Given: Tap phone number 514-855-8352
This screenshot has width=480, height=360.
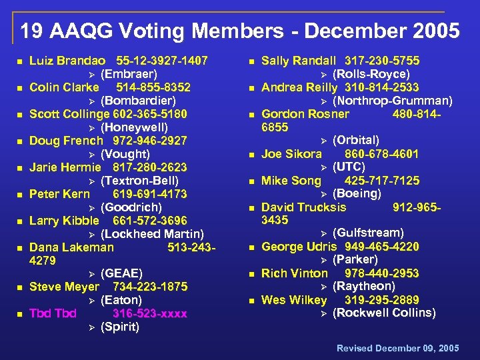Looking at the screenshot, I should [153, 87].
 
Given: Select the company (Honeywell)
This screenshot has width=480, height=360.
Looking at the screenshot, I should [134, 127].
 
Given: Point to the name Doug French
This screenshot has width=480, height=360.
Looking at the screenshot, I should [66, 141].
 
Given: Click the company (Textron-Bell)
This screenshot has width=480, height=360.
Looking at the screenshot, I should [139, 181].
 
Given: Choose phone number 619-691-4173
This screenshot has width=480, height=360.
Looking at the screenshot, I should [149, 194].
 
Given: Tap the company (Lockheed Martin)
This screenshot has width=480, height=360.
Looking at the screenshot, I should [152, 234].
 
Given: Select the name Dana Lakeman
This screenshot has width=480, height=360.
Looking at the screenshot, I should [71, 247].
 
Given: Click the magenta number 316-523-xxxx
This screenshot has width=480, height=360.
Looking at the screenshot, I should [150, 313].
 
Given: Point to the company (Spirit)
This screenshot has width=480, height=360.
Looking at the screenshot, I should [120, 327].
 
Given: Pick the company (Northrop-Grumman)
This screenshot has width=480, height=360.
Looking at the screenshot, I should [392, 101].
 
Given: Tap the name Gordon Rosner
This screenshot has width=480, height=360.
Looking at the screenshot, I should [305, 114].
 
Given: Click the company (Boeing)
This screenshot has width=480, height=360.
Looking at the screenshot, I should [357, 193].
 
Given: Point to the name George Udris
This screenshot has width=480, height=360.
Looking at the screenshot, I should [299, 247].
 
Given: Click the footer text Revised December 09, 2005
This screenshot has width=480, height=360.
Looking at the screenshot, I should [397, 348].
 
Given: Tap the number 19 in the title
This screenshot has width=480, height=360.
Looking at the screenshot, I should [30, 31].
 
